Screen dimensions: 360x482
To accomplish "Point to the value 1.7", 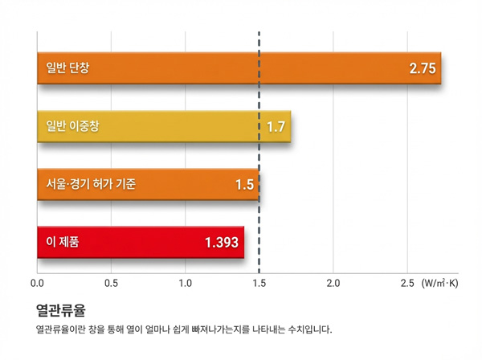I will tap(276, 127).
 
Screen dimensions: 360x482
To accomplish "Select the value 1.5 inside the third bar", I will tap(244, 185).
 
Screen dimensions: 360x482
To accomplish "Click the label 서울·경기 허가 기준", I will tap(90, 185).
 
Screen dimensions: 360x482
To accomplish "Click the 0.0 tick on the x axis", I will tap(37, 284).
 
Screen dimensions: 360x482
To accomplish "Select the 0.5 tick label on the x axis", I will tap(111, 284).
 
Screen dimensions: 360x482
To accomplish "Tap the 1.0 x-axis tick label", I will tap(185, 284).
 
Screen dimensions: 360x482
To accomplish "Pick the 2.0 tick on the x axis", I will tap(333, 284).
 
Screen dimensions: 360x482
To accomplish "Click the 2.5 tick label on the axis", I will tap(407, 284).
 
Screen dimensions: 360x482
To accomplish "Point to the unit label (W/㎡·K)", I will tap(439, 284).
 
